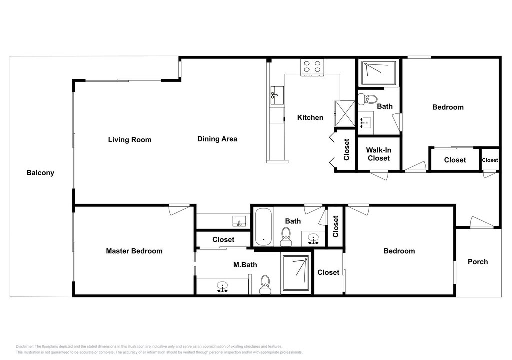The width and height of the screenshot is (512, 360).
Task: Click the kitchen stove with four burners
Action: [312, 67]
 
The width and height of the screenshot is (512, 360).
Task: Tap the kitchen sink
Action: [277, 95]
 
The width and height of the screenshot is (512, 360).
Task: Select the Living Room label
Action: [130, 140]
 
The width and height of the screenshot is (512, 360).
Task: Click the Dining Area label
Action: [217, 139]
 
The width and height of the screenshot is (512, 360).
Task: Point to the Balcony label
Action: [40, 173]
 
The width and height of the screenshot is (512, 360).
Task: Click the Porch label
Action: [478, 262]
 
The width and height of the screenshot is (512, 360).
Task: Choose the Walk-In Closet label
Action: [379, 154]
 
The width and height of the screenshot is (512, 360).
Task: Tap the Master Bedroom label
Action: [134, 251]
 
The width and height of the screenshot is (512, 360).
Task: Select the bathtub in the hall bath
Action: [263, 227]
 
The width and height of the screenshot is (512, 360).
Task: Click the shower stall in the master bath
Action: [296, 273]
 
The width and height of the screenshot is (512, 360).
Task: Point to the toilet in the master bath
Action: [265, 285]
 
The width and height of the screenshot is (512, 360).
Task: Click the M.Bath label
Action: [245, 265]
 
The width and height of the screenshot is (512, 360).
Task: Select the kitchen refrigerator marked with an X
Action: [344, 113]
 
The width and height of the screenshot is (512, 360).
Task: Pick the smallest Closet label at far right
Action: [490, 160]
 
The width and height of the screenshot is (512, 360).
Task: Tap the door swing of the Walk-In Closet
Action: [379, 175]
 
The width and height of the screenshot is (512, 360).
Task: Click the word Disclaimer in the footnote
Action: [25, 346]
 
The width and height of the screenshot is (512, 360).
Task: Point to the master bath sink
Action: [222, 287]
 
